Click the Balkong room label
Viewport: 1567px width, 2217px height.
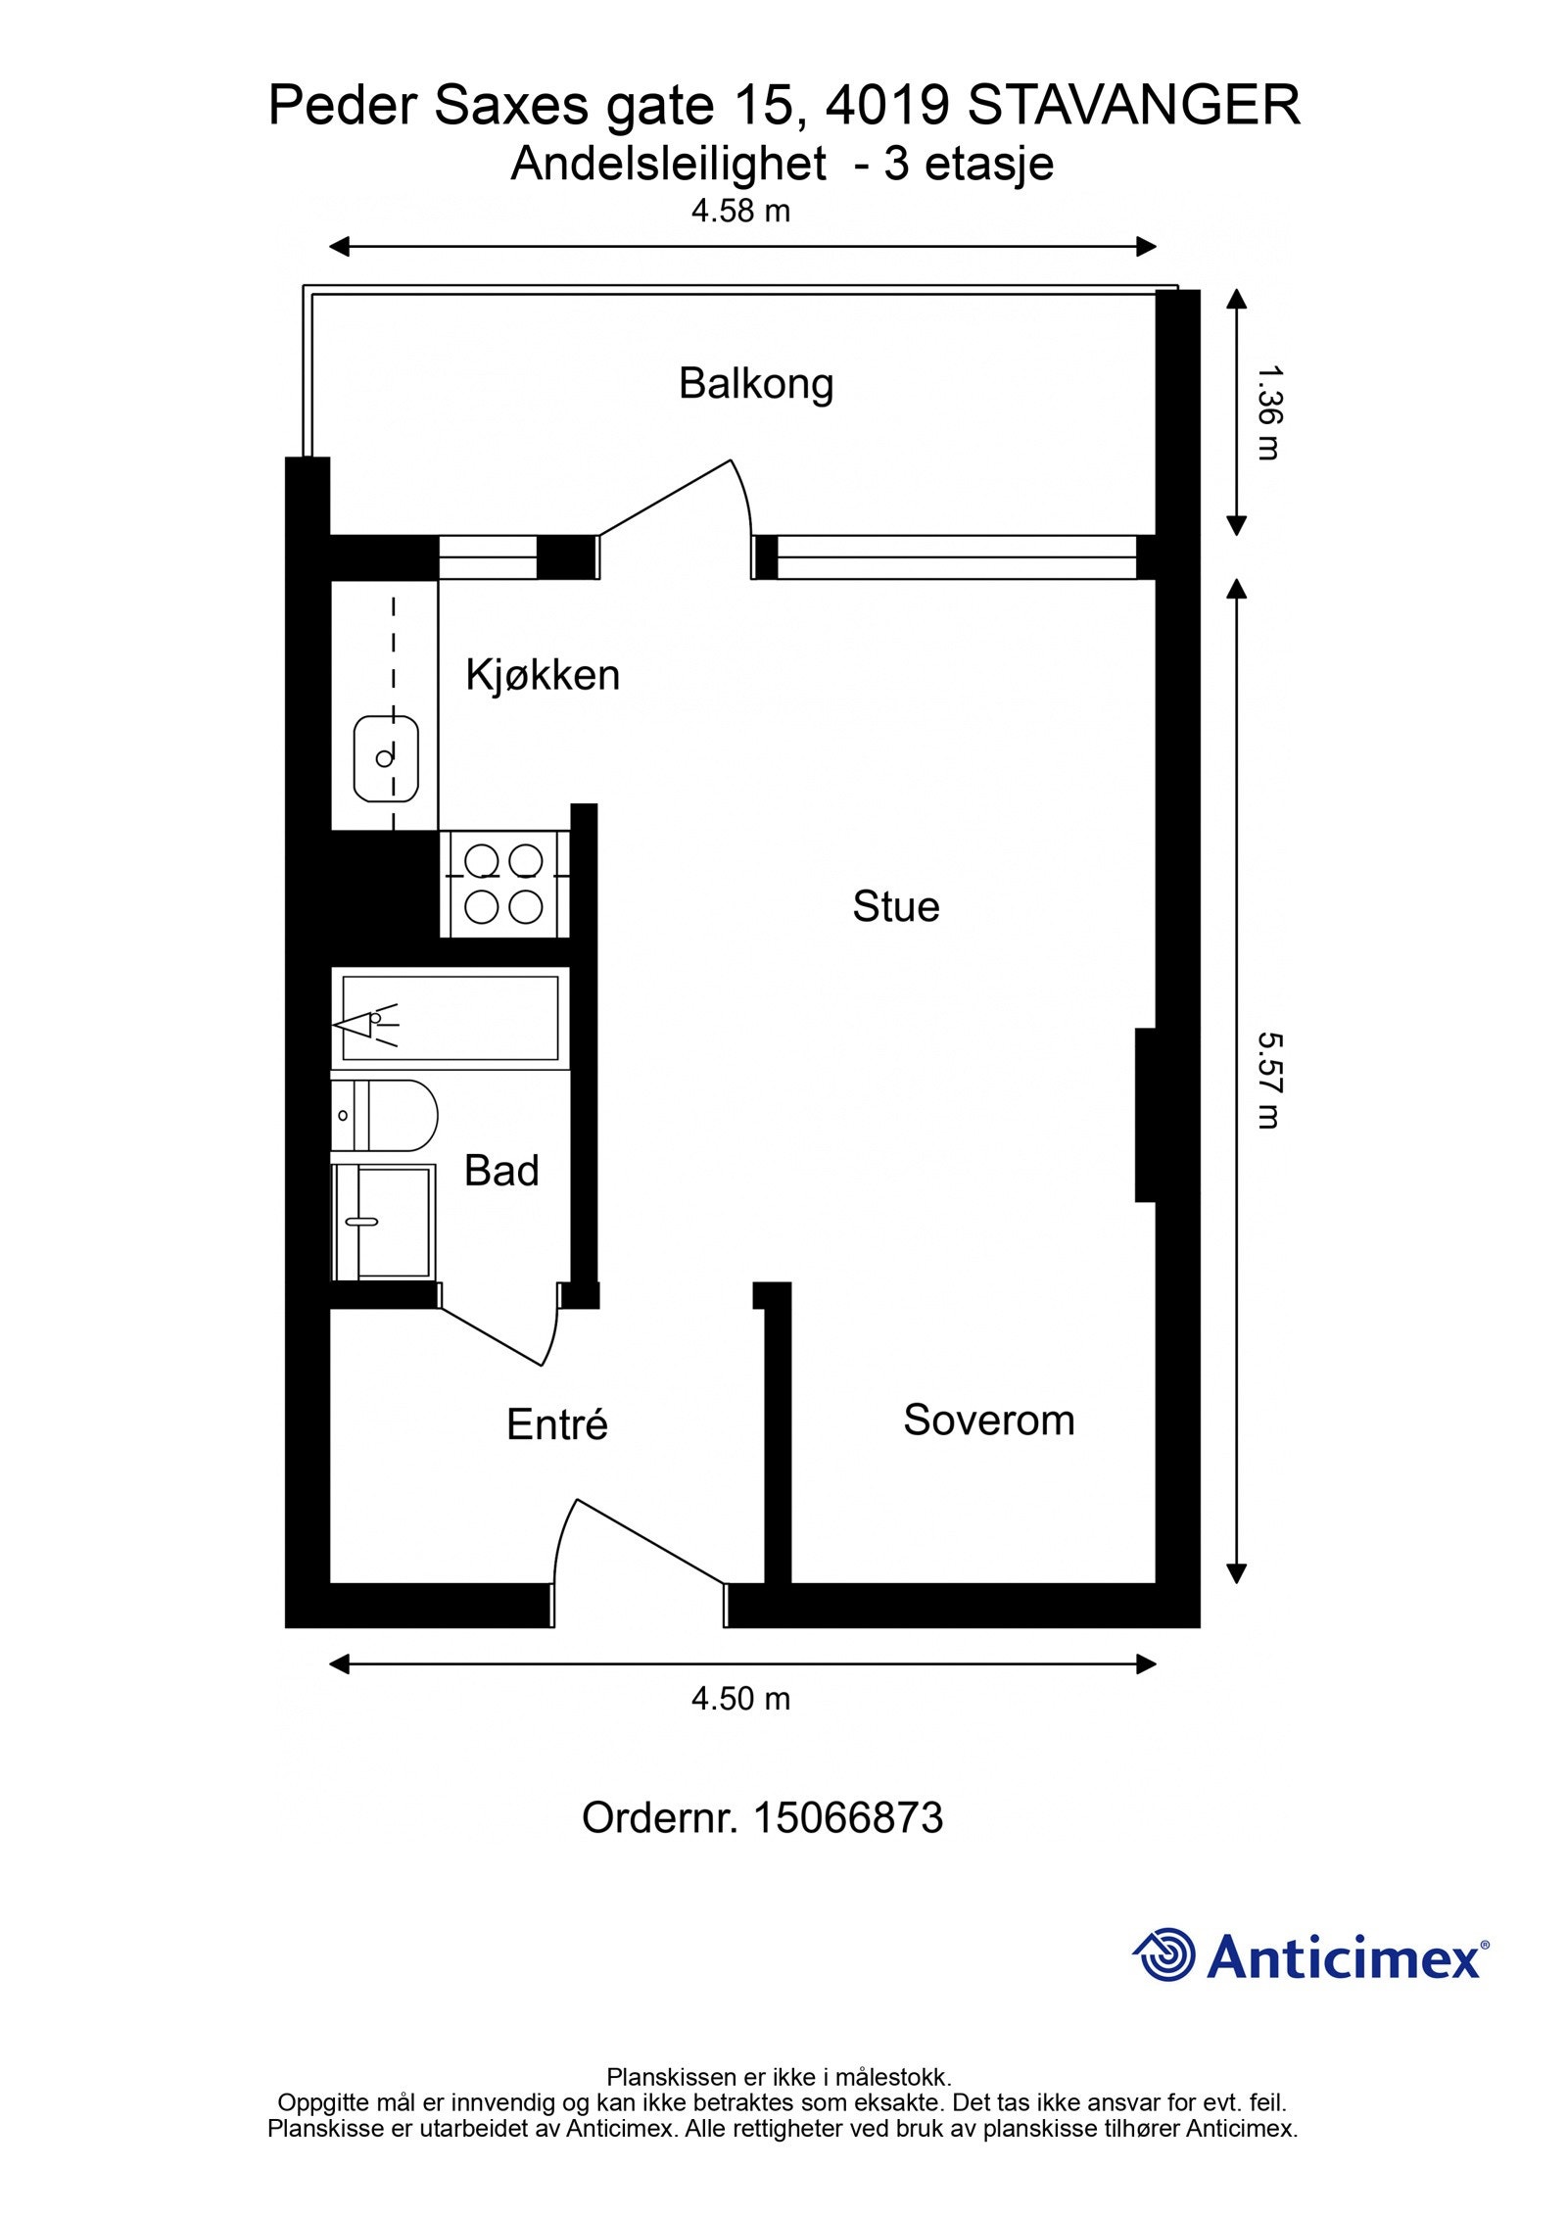tap(755, 384)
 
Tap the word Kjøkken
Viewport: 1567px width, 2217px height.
tap(543, 675)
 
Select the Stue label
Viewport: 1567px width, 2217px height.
tap(895, 906)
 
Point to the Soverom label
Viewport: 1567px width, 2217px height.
tap(988, 1420)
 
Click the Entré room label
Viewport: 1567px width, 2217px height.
tap(556, 1424)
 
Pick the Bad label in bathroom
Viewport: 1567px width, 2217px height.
tap(501, 1171)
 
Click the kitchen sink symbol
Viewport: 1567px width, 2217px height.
tap(386, 758)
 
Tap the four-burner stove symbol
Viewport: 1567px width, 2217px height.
tap(503, 884)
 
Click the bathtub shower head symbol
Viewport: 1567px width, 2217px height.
tap(367, 1025)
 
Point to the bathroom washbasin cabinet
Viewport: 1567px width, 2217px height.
tap(383, 1222)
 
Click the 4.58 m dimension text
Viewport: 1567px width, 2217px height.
tap(740, 211)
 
